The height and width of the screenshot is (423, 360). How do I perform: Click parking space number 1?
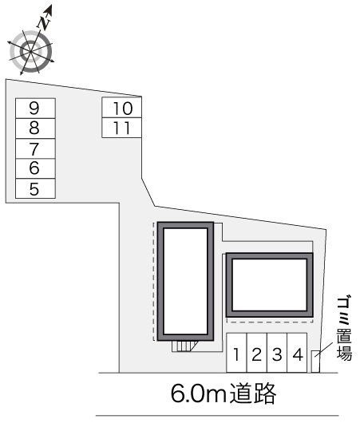click(236, 353)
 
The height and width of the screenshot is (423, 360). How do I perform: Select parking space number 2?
click(257, 353)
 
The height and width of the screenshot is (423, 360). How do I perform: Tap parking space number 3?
click(277, 353)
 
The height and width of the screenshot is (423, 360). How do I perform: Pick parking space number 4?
click(297, 353)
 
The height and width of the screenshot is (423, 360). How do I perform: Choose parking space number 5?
click(35, 188)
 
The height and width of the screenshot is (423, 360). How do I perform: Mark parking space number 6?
click(35, 168)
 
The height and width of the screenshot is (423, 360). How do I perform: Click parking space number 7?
click(35, 148)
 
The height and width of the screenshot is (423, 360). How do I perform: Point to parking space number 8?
click(35, 128)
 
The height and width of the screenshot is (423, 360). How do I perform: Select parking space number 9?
click(35, 109)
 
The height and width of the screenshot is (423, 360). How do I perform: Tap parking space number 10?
click(122, 108)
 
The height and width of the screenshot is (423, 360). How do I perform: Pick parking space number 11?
click(122, 128)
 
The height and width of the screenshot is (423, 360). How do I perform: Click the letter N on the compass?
click(43, 23)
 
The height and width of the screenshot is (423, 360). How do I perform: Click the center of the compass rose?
click(30, 51)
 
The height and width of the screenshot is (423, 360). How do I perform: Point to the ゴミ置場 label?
click(344, 329)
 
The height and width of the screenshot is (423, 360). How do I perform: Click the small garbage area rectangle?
click(316, 362)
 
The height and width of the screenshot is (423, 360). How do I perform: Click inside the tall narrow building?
click(185, 282)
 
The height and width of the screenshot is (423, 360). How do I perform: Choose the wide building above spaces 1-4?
click(269, 285)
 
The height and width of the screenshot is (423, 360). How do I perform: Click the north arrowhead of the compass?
click(49, 10)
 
